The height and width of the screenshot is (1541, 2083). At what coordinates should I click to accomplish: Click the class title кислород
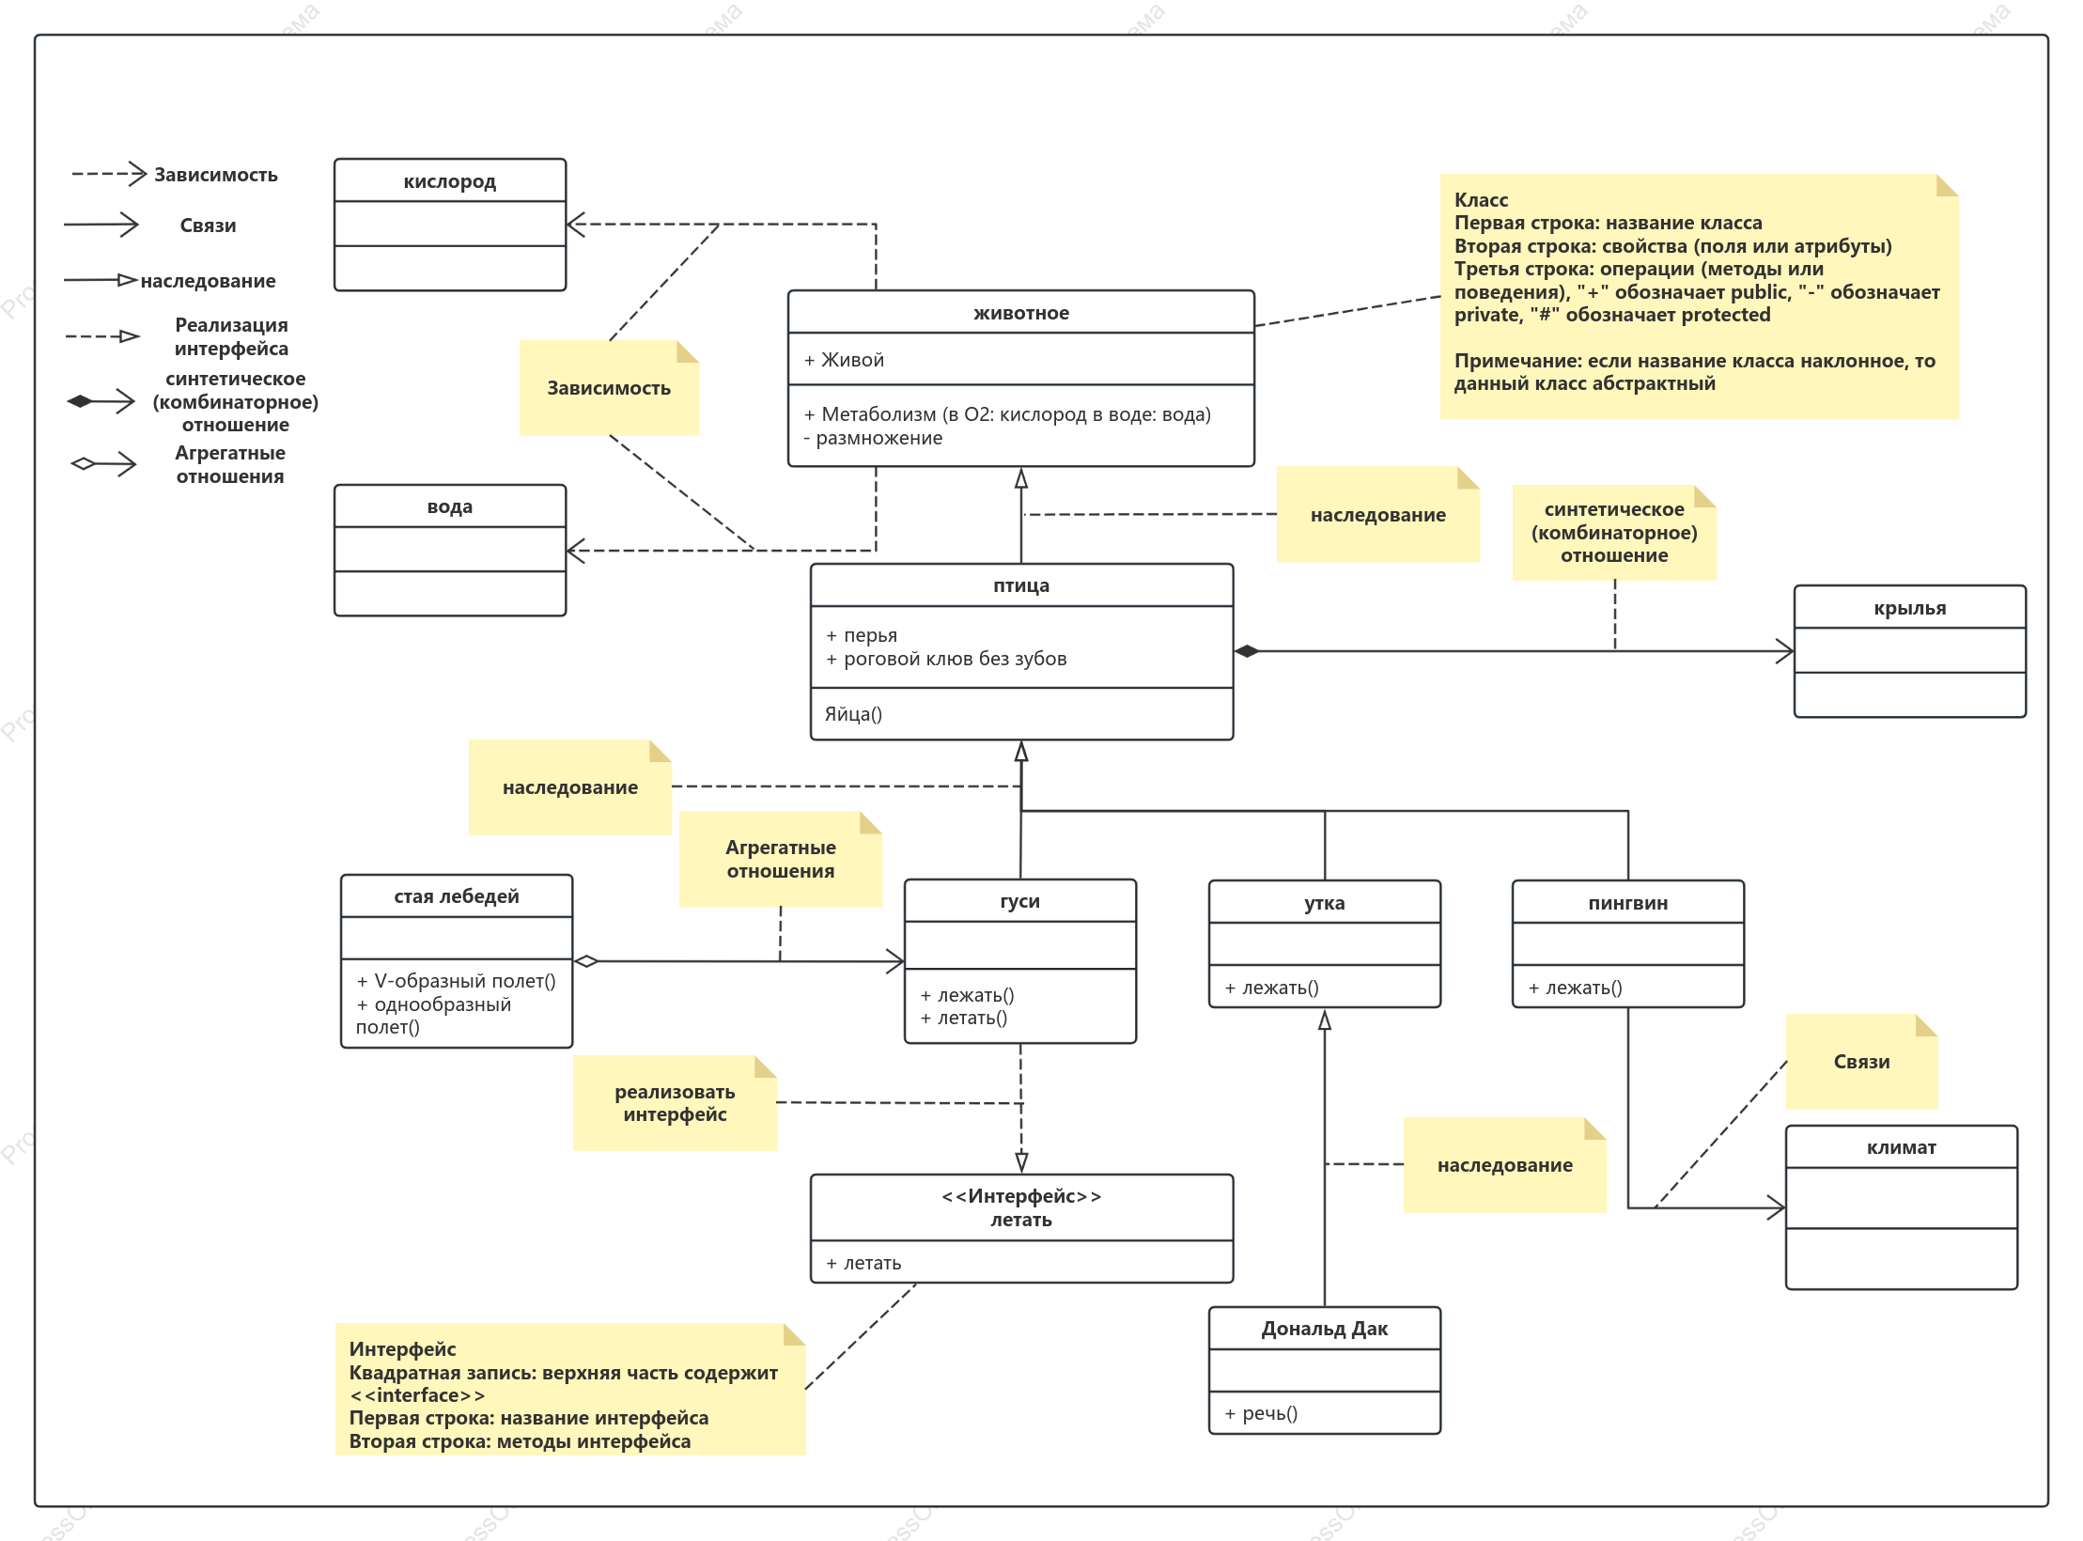(449, 181)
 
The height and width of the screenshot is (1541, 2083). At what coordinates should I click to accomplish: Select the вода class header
(449, 506)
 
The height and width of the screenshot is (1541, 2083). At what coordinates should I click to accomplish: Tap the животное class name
(1020, 313)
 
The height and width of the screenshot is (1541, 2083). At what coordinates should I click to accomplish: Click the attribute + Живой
(844, 360)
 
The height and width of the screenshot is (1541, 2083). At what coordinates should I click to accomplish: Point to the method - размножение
(873, 438)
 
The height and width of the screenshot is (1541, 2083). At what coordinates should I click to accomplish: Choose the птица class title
(1021, 585)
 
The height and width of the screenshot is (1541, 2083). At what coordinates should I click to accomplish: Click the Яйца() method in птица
(853, 714)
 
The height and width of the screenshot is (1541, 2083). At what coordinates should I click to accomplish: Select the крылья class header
(1909, 608)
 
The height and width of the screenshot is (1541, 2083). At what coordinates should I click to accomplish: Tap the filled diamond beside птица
(1247, 651)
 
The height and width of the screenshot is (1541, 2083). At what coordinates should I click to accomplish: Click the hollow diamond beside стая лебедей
(585, 961)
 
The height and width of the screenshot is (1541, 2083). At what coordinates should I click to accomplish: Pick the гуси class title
(1019, 901)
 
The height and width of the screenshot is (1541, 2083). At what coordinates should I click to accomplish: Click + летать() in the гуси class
(964, 1018)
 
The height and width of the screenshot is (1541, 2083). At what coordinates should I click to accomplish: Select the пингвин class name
(1627, 903)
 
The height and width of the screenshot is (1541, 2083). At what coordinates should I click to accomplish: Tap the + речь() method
(1261, 1413)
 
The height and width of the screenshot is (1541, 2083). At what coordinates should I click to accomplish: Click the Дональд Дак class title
(1324, 1329)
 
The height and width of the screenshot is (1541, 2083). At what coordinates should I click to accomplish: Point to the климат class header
(1901, 1147)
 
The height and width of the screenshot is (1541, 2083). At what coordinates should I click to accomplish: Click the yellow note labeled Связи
(1861, 1062)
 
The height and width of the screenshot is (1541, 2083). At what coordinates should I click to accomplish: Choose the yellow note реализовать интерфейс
(675, 1103)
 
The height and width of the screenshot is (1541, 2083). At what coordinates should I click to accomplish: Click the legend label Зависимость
(216, 175)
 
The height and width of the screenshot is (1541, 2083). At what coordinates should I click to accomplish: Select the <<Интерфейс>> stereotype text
(1021, 1196)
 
